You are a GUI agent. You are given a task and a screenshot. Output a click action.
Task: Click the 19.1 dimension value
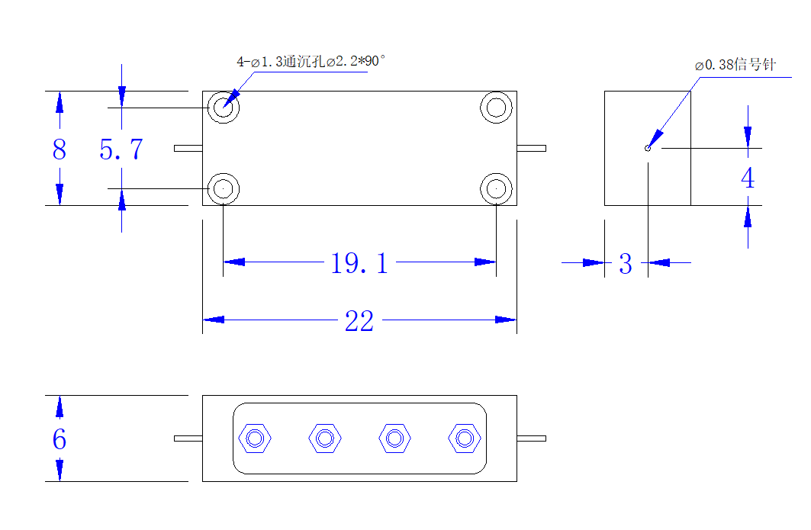(359, 262)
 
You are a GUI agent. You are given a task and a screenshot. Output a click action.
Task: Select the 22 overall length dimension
(359, 321)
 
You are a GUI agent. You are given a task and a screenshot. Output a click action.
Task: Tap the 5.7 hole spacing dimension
(121, 149)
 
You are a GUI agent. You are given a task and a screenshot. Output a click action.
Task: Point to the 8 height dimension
(60, 149)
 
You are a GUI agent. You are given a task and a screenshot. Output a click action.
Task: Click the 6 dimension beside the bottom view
(60, 439)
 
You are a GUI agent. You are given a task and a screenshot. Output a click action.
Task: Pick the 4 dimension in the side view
(748, 178)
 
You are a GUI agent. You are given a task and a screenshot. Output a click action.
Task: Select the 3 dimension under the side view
(626, 264)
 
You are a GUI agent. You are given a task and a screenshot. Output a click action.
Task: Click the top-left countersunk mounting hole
(224, 108)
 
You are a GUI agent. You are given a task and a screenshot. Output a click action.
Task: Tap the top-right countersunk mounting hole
(496, 108)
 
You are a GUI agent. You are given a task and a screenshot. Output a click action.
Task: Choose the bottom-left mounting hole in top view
(224, 188)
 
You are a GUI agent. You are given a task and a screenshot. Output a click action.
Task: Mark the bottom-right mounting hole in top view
(496, 188)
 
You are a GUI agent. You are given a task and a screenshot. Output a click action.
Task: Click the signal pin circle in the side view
(648, 149)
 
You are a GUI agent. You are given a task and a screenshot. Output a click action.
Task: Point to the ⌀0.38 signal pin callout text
(735, 65)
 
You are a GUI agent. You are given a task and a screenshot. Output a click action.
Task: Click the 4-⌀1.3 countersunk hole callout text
(311, 62)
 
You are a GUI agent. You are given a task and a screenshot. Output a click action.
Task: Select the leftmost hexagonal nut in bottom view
(255, 438)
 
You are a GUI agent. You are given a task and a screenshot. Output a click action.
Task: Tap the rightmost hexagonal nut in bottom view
(465, 438)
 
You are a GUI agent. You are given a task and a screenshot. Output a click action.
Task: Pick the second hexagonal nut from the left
(325, 438)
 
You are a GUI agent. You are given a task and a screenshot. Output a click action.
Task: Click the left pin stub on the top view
(188, 149)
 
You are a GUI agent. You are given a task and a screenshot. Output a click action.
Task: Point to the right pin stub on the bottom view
(531, 438)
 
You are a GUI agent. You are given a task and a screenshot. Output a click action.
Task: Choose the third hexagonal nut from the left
(394, 438)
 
